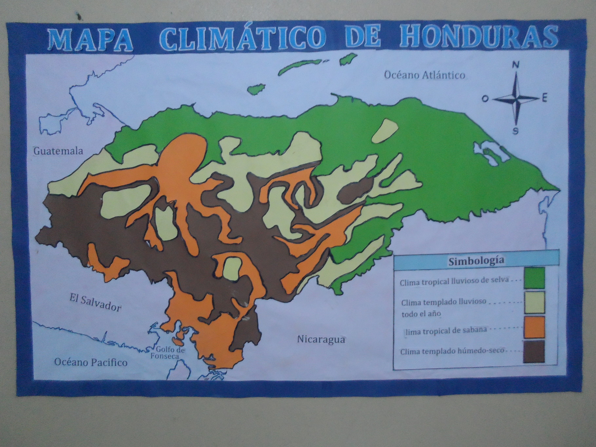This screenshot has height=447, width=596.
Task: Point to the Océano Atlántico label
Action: tap(424, 75)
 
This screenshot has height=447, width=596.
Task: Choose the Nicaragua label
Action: tap(321, 339)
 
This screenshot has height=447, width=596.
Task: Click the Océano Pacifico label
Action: tap(90, 362)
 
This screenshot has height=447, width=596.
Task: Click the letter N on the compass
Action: tap(516, 65)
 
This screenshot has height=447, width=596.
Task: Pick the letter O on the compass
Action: tap(485, 99)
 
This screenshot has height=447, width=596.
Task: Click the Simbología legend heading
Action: tap(476, 261)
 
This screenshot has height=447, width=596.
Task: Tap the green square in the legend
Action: tap(534, 278)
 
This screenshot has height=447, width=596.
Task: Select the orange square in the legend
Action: tap(534, 327)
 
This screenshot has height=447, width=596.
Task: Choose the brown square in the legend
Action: tap(534, 352)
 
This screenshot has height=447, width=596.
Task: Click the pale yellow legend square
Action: tap(534, 302)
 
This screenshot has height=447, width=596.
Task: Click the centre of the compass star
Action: tap(516, 98)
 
